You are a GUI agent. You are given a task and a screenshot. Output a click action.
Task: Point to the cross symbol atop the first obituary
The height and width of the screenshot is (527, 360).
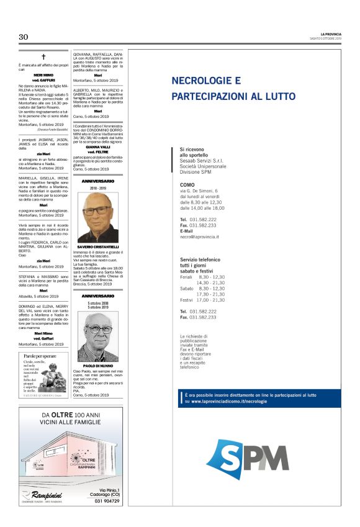[44, 56]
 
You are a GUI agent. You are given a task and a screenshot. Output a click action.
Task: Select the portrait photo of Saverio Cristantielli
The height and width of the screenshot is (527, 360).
[98, 217]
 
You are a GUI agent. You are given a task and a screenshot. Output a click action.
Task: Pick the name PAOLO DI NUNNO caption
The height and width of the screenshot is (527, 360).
[98, 366]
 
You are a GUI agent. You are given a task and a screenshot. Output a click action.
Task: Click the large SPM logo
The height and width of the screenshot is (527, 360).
[247, 459]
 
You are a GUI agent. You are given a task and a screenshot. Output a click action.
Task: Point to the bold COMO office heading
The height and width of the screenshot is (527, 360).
[187, 185]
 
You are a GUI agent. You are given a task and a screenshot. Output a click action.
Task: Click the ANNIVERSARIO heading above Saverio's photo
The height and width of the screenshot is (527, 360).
[98, 181]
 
